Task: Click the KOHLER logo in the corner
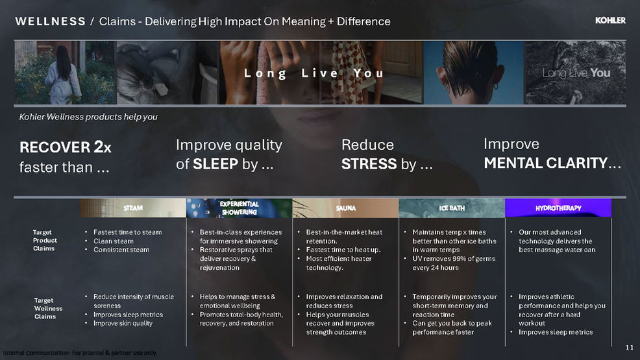tap(610, 20)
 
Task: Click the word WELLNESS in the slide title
tap(50, 21)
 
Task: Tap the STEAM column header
tap(133, 208)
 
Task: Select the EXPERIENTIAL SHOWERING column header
tap(239, 208)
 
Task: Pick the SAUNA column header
tap(346, 208)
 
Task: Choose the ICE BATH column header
tap(452, 208)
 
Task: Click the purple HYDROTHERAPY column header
tap(558, 208)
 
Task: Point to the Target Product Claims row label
tap(45, 240)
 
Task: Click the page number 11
tap(630, 348)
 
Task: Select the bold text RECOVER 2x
tap(66, 147)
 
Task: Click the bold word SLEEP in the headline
tap(215, 164)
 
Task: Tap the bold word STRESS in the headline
tap(369, 164)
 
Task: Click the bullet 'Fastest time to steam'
tap(127, 232)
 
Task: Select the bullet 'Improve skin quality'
tap(123, 323)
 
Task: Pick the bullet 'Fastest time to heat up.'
tap(343, 250)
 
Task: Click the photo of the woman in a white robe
tap(66, 73)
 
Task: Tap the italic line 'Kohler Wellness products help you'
tap(88, 117)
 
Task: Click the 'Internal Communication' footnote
tap(80, 353)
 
